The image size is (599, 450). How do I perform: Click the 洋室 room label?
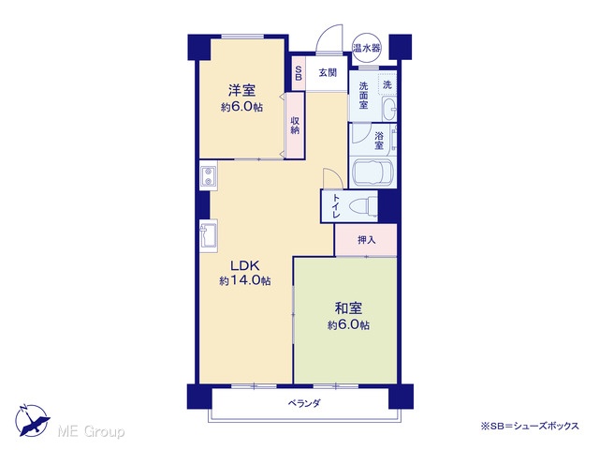241,90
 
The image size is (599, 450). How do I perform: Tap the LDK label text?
245,264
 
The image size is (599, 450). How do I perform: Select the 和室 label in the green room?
348,308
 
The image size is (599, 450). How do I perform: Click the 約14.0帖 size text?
245,281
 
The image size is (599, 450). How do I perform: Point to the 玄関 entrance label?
328,73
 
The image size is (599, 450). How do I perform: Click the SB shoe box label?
299,73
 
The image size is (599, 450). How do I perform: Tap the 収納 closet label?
295,125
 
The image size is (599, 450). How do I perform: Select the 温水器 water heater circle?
366,48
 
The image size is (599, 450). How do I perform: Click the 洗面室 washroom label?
363,96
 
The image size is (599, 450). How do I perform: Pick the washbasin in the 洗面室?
389,109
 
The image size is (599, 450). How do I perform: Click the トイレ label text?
337,206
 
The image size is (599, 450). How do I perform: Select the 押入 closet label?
366,240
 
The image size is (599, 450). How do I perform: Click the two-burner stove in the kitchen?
208,175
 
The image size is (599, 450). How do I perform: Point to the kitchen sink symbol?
209,235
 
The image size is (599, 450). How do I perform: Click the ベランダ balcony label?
304,403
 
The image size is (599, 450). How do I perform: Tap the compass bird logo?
33,420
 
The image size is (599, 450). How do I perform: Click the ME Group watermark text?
91,431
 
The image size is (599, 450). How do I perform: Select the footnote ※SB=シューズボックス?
530,426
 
